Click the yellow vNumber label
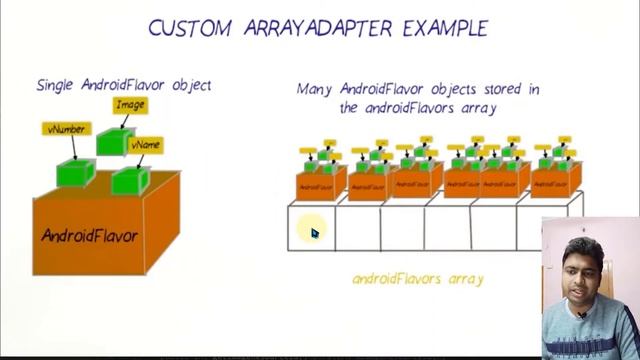66,129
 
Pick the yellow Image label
130,105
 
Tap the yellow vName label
146,146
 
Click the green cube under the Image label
112,141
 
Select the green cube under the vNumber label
74,173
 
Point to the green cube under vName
129,180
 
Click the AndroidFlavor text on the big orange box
89,236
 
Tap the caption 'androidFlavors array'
417,278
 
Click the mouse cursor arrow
314,233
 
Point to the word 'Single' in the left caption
56,85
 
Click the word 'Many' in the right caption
315,89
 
